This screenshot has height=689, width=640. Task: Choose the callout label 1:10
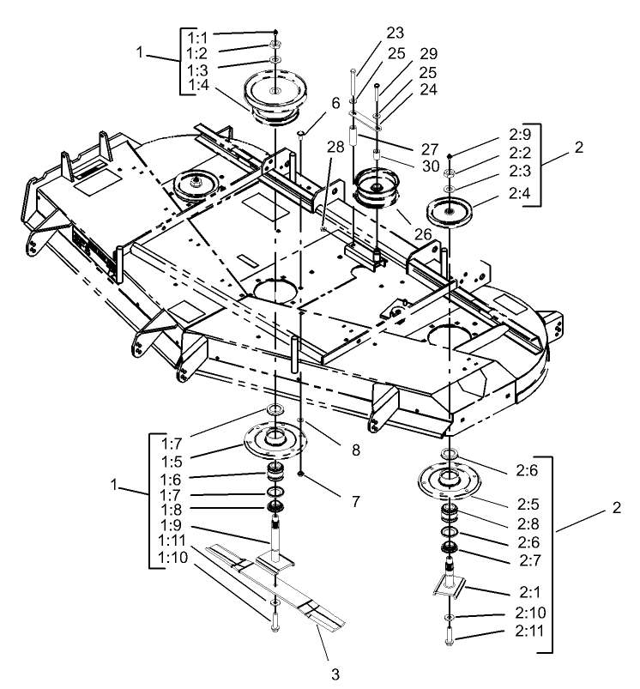[174, 559]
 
